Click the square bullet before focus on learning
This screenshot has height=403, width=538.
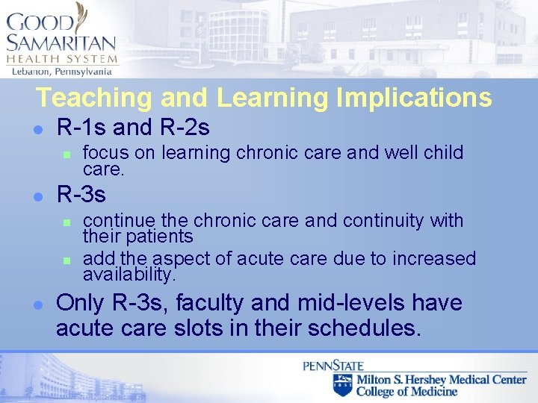pyautogui.click(x=67, y=154)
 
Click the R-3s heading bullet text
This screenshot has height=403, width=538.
pyautogui.click(x=81, y=195)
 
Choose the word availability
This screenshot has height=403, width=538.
pyautogui.click(x=129, y=275)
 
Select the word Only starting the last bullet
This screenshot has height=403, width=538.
pyautogui.click(x=78, y=304)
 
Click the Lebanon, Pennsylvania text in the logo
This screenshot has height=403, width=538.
pyautogui.click(x=61, y=72)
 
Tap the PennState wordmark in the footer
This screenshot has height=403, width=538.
pyautogui.click(x=333, y=366)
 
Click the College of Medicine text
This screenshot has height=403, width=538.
pyautogui.click(x=406, y=391)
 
